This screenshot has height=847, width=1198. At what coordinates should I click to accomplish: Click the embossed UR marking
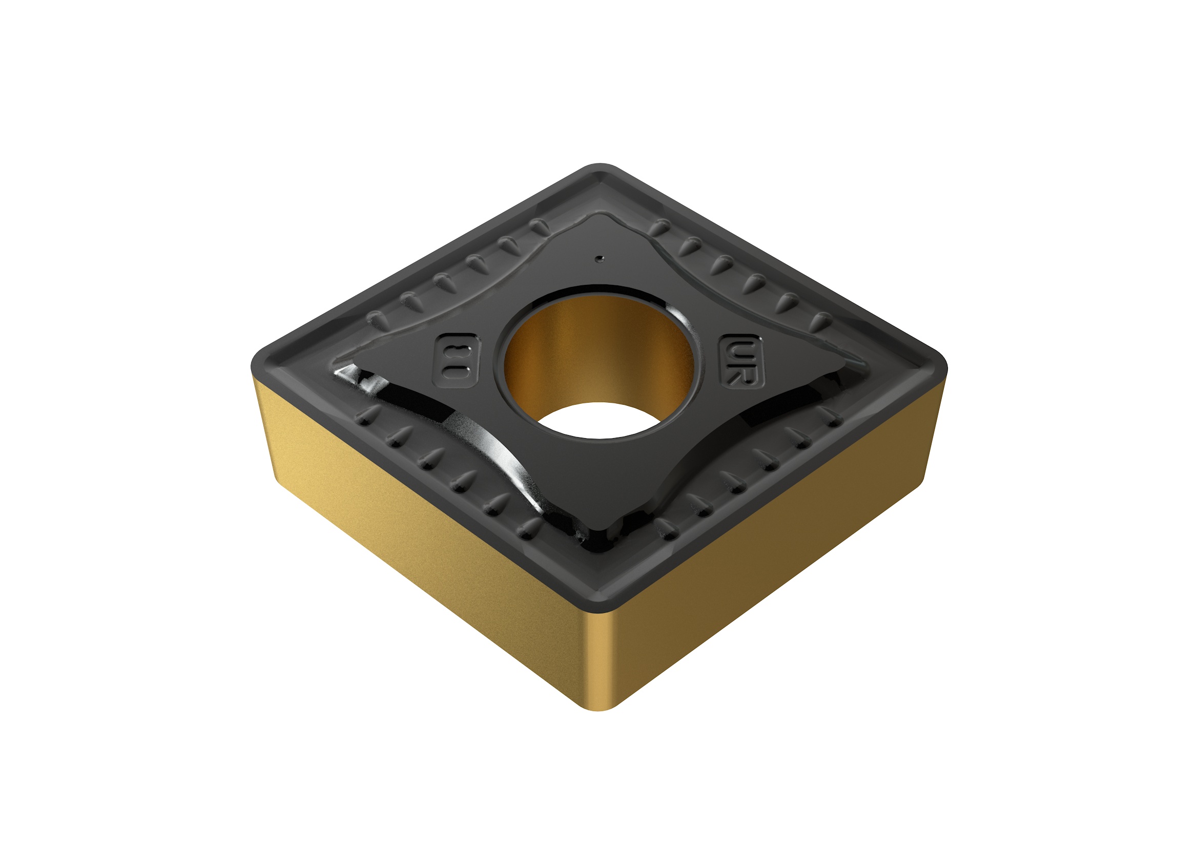coord(741,361)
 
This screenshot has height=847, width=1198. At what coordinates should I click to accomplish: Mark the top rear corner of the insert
coord(600,170)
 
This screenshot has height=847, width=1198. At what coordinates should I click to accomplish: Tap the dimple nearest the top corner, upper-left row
coord(540,226)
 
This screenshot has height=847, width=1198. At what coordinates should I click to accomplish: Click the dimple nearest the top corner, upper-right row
coord(662,226)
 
